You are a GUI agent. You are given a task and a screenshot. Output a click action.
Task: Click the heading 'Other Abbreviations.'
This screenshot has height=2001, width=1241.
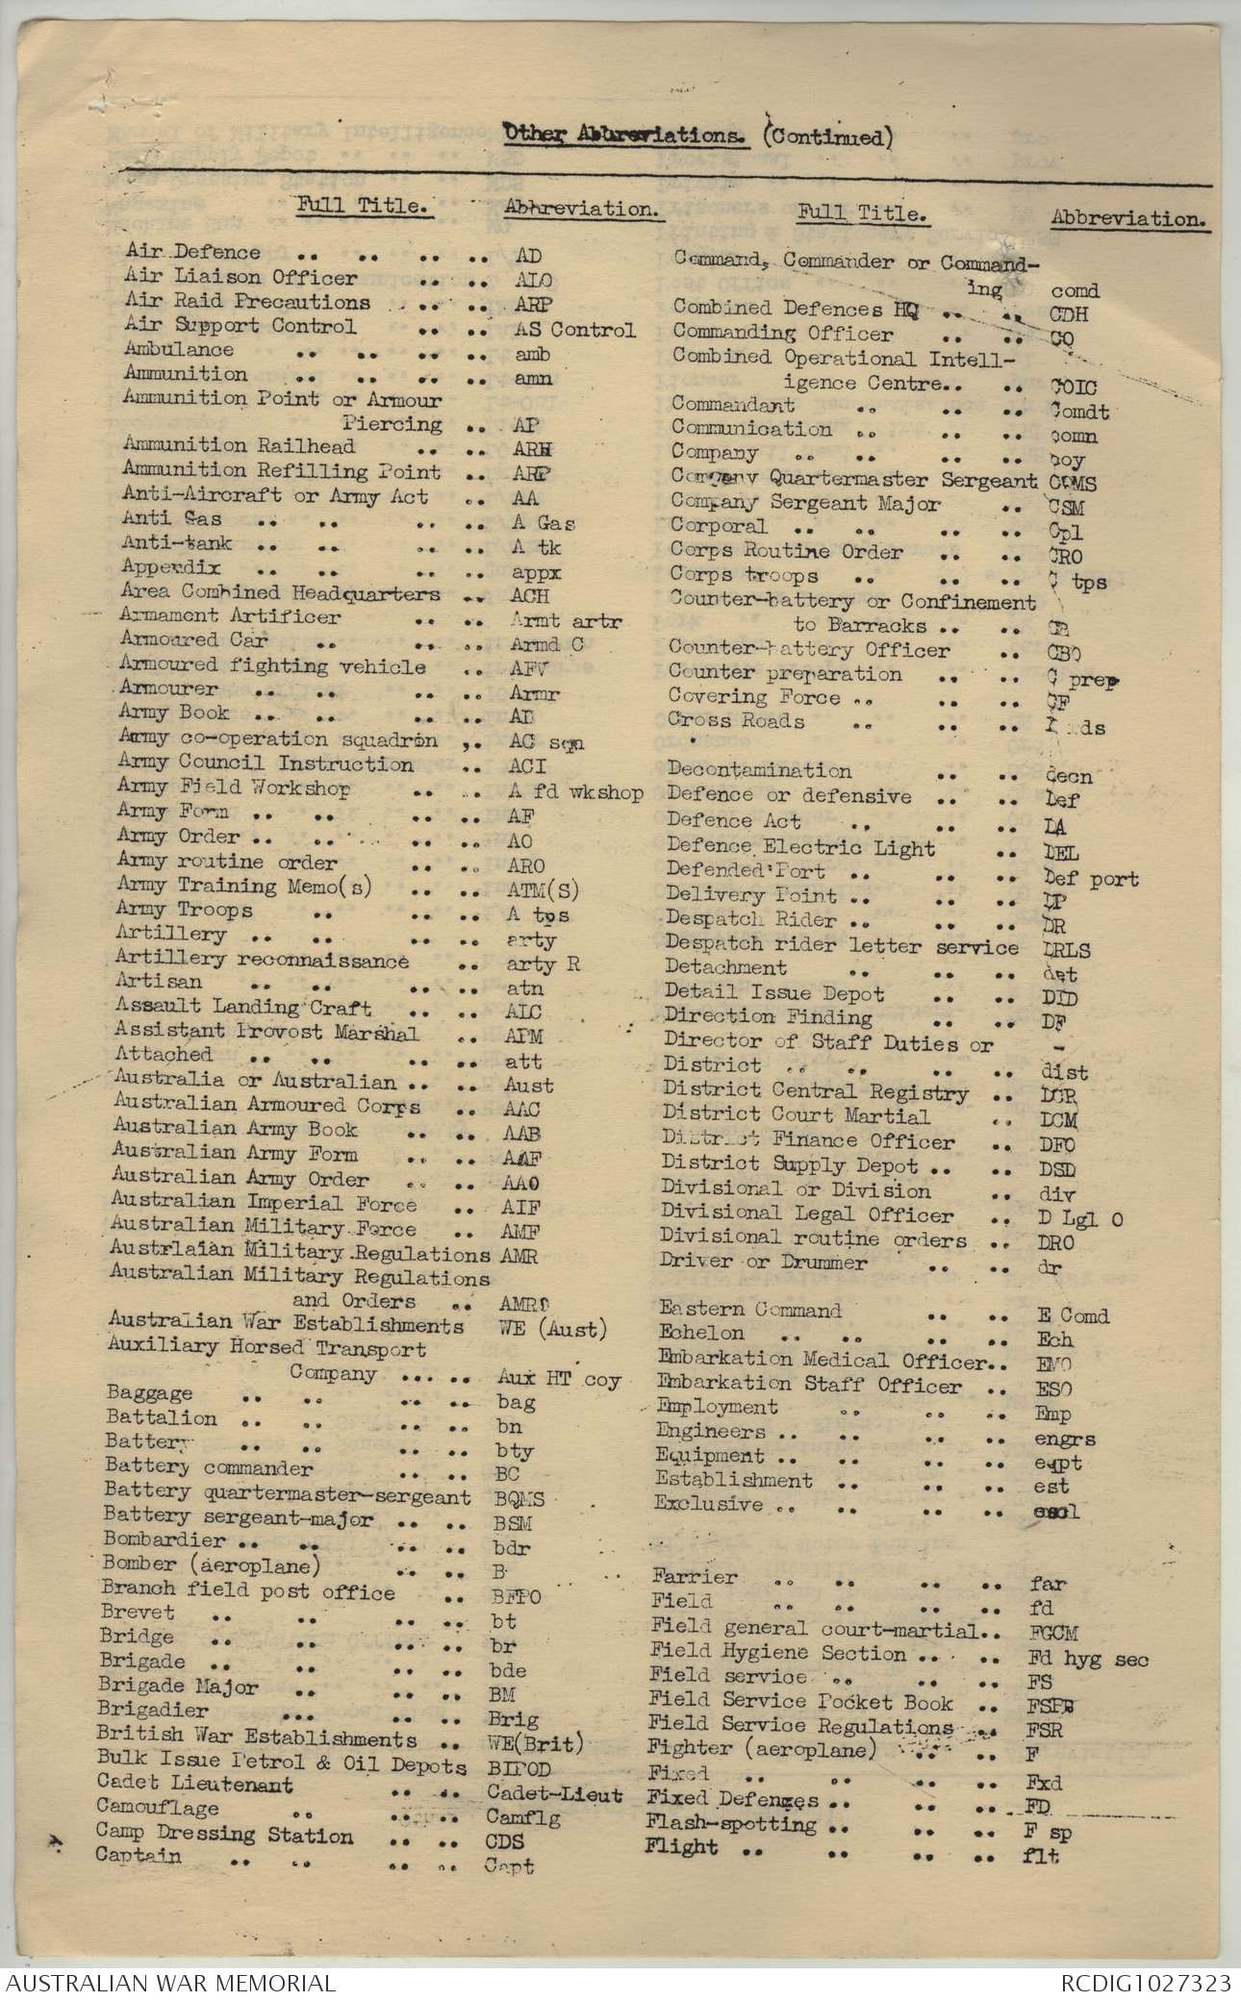pos(626,136)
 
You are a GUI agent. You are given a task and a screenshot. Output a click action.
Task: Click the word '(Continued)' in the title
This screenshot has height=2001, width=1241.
pos(826,138)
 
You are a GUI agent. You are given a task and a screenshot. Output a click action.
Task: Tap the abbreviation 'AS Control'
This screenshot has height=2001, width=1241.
pos(575,330)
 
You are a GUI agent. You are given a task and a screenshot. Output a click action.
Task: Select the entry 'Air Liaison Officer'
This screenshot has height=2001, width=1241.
pos(241,277)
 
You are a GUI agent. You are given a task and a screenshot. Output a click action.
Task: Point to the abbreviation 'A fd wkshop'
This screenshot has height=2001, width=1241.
pos(575,792)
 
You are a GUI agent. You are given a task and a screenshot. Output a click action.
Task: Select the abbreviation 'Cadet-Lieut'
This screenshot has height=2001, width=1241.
pos(554,1794)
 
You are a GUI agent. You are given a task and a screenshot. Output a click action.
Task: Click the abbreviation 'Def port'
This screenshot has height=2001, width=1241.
pos(1090,879)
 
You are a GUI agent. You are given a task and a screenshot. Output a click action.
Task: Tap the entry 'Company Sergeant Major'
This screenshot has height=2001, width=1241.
pos(806,503)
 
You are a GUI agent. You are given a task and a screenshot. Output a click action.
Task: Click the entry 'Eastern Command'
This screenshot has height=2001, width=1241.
pos(750,1310)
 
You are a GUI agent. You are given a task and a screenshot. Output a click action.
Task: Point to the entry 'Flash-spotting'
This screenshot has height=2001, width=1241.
pos(731,1823)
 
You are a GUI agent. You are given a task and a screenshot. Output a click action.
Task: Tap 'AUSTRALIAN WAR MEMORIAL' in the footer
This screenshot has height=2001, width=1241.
pos(168,1983)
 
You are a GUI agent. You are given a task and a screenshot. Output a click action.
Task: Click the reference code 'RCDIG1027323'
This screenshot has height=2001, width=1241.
pos(1146,1983)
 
